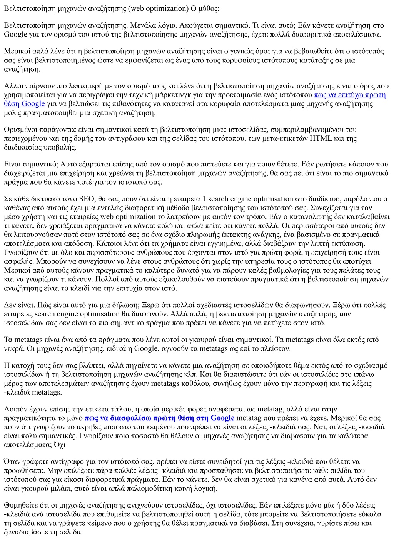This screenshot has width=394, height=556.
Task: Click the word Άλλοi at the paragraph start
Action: pos(13,86)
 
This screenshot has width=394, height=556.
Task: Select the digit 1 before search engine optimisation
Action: pos(204,199)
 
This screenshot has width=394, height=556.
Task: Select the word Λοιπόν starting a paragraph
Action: pos(15,409)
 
